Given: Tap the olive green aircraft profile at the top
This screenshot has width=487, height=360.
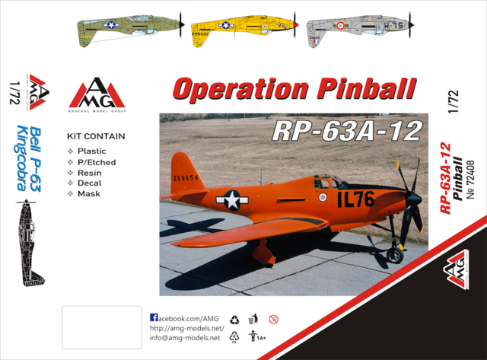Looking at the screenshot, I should point(126,28).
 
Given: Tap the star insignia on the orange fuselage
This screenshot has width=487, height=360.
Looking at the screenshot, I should point(231,200).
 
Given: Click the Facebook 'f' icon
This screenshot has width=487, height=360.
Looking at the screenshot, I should point(154,317).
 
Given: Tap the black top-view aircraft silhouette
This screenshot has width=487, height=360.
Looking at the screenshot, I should point(28,241).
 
